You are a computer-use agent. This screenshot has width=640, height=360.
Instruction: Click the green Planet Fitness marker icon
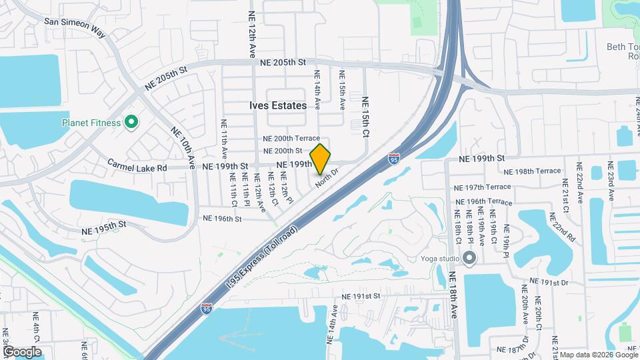click(x=131, y=122)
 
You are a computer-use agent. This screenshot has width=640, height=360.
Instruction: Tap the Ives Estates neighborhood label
click(x=279, y=105)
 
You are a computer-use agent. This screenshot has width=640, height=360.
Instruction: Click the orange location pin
click(x=320, y=159)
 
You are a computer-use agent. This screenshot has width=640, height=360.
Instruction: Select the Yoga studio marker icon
click(x=470, y=258)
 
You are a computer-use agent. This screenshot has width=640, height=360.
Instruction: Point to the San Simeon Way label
click(x=75, y=21)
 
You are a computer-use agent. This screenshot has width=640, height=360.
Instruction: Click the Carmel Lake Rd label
click(x=137, y=168)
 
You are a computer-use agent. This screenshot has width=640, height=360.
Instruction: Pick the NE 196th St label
click(x=221, y=218)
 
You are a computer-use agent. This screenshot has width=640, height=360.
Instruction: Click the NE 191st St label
click(x=360, y=295)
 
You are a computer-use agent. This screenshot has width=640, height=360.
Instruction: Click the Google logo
click(x=21, y=351)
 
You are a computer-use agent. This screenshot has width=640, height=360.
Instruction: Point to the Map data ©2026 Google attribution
click(x=598, y=355)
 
